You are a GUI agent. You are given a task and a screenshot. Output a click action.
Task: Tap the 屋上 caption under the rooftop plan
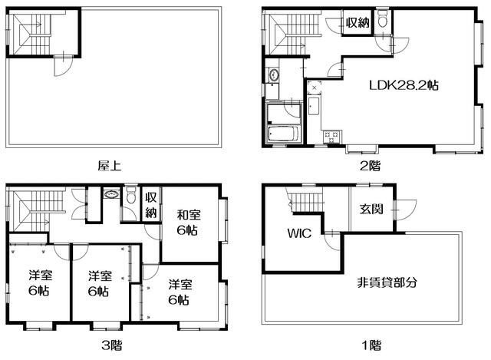tap(108, 164)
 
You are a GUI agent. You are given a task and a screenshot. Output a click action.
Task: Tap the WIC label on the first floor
tap(299, 233)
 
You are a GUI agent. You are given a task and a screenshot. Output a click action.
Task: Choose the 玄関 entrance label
tap(371, 210)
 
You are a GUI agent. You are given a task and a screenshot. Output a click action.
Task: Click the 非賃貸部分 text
tap(387, 282)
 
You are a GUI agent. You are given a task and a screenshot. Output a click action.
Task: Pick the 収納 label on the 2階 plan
tap(357, 22)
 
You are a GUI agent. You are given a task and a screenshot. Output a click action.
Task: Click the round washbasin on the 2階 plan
tap(273, 74)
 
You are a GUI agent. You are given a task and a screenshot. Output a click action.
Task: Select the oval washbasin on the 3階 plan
tap(112, 196)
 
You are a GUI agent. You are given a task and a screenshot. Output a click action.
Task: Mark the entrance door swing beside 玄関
tap(406, 208)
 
